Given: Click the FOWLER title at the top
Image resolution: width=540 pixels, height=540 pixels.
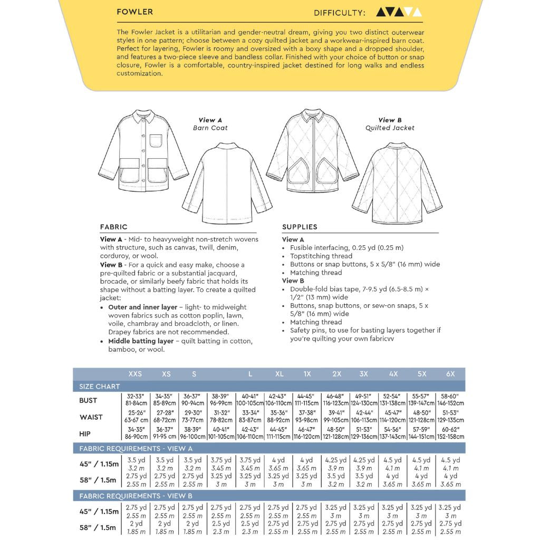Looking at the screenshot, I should tap(135, 12).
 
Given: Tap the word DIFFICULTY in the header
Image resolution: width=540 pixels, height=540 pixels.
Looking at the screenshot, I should tap(339, 13).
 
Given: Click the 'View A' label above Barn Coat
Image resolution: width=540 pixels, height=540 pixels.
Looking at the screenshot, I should tap(210, 120).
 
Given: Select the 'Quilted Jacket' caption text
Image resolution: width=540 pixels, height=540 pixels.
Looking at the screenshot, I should tap(390, 128).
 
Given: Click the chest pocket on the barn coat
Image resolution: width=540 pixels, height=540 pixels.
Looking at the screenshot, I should tap(156, 141).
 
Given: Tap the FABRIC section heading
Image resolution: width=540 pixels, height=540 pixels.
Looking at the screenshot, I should tap(113, 227).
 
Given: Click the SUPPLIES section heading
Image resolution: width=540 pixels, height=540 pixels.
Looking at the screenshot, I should tap(300, 227).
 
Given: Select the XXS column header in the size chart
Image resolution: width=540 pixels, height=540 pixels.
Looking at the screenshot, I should tap(135, 374).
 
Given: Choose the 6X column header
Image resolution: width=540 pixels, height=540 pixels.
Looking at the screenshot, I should tap(450, 374).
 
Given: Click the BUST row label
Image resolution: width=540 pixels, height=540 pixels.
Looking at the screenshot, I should tap(88, 400).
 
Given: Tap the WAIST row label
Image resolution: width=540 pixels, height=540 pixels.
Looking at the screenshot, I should tap(91, 417).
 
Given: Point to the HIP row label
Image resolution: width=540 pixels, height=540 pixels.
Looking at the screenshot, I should tap(85, 433).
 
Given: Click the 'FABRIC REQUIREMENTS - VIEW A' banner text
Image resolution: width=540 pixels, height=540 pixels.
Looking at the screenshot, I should tap(136, 449).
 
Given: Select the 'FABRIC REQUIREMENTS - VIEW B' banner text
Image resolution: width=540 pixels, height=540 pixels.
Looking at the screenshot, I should tap(136, 496).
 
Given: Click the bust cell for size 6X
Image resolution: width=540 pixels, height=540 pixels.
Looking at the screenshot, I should tap(450, 400).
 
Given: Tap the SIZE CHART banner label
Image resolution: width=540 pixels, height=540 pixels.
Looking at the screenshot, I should tap(100, 387).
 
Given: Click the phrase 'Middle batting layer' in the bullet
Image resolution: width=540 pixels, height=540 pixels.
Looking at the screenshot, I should tap(141, 341).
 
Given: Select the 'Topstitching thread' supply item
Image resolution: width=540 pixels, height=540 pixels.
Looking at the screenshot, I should tap(321, 256).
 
